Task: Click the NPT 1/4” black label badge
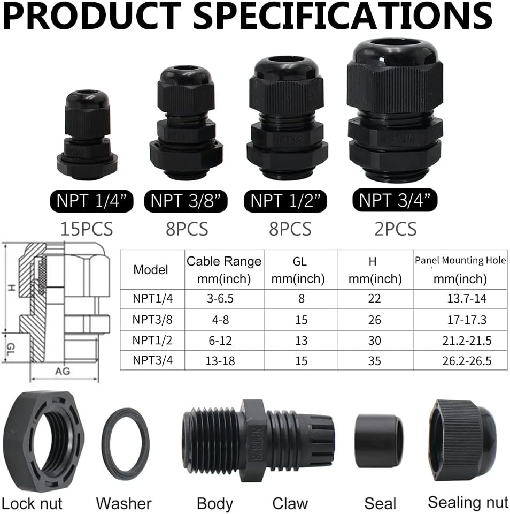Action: [91, 201]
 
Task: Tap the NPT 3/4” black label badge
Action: [395, 200]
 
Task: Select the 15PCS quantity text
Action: [87, 229]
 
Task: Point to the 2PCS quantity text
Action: [396, 229]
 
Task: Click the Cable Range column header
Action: [224, 270]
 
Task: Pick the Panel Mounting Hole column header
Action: [460, 269]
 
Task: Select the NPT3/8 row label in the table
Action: [152, 319]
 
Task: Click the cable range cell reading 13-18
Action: [220, 361]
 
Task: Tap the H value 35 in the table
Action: [374, 361]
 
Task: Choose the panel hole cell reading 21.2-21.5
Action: [467, 341]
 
